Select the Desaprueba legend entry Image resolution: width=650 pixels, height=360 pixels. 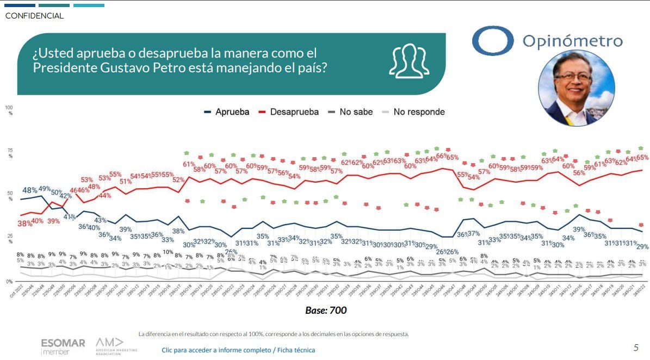point(290,112)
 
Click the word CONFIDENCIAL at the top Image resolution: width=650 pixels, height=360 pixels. point(34,16)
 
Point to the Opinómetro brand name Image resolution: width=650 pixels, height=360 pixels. point(572,41)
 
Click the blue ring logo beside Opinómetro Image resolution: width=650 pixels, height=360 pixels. point(492,41)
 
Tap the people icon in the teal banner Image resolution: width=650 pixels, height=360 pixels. point(408,61)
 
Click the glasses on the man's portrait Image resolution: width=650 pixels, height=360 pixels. point(573,77)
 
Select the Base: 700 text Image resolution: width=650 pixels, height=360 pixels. point(326,311)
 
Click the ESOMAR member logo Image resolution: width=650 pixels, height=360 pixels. point(63,346)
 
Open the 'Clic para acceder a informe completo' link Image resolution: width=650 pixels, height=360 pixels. point(238,350)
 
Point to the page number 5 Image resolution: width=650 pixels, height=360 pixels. point(636,347)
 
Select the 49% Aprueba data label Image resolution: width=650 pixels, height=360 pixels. point(44,189)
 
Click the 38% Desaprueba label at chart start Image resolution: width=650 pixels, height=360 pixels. point(24,224)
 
